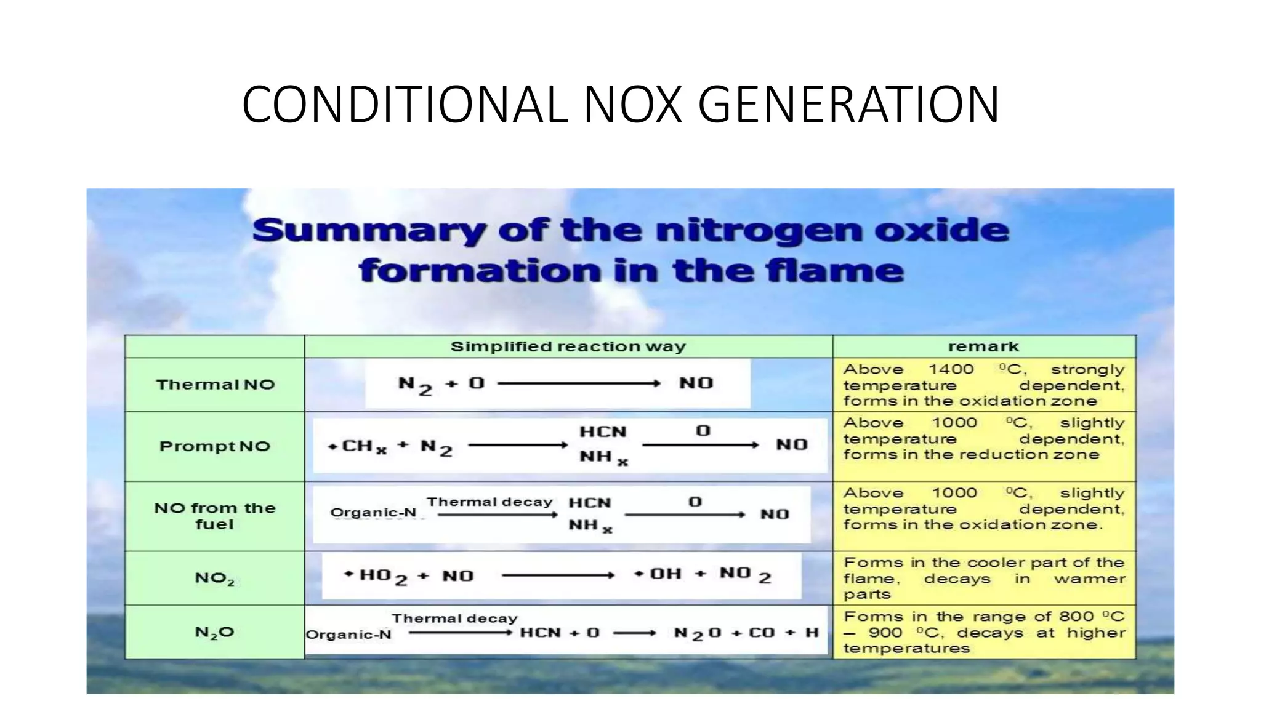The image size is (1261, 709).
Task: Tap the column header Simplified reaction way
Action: [x=568, y=346]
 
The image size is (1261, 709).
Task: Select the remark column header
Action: [x=983, y=346]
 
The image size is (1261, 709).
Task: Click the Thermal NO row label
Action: [x=215, y=385]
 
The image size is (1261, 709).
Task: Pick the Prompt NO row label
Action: [x=215, y=446]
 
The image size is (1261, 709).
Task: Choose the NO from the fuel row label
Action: [x=215, y=516]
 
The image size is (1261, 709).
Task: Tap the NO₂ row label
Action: [x=215, y=578]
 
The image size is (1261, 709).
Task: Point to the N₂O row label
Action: [x=215, y=632]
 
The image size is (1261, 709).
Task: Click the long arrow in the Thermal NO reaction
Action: [x=579, y=383]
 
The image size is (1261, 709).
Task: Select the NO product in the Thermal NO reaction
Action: [x=696, y=383]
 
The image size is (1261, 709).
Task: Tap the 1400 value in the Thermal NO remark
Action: [x=951, y=369]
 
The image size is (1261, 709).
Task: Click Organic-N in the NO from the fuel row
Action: [x=373, y=513]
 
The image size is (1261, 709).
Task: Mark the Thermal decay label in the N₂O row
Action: [x=454, y=619]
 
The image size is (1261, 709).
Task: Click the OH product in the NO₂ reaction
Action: [x=665, y=574]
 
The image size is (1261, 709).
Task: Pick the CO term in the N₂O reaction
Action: [x=761, y=633]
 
